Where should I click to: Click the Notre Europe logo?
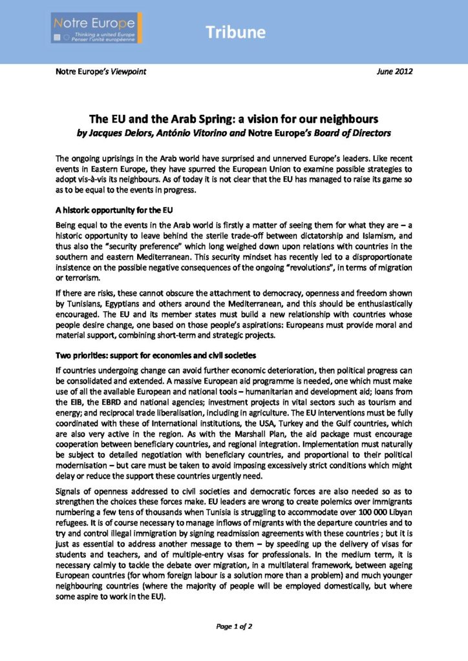pyautogui.click(x=97, y=28)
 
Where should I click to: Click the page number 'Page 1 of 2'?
pyautogui.click(x=233, y=625)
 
